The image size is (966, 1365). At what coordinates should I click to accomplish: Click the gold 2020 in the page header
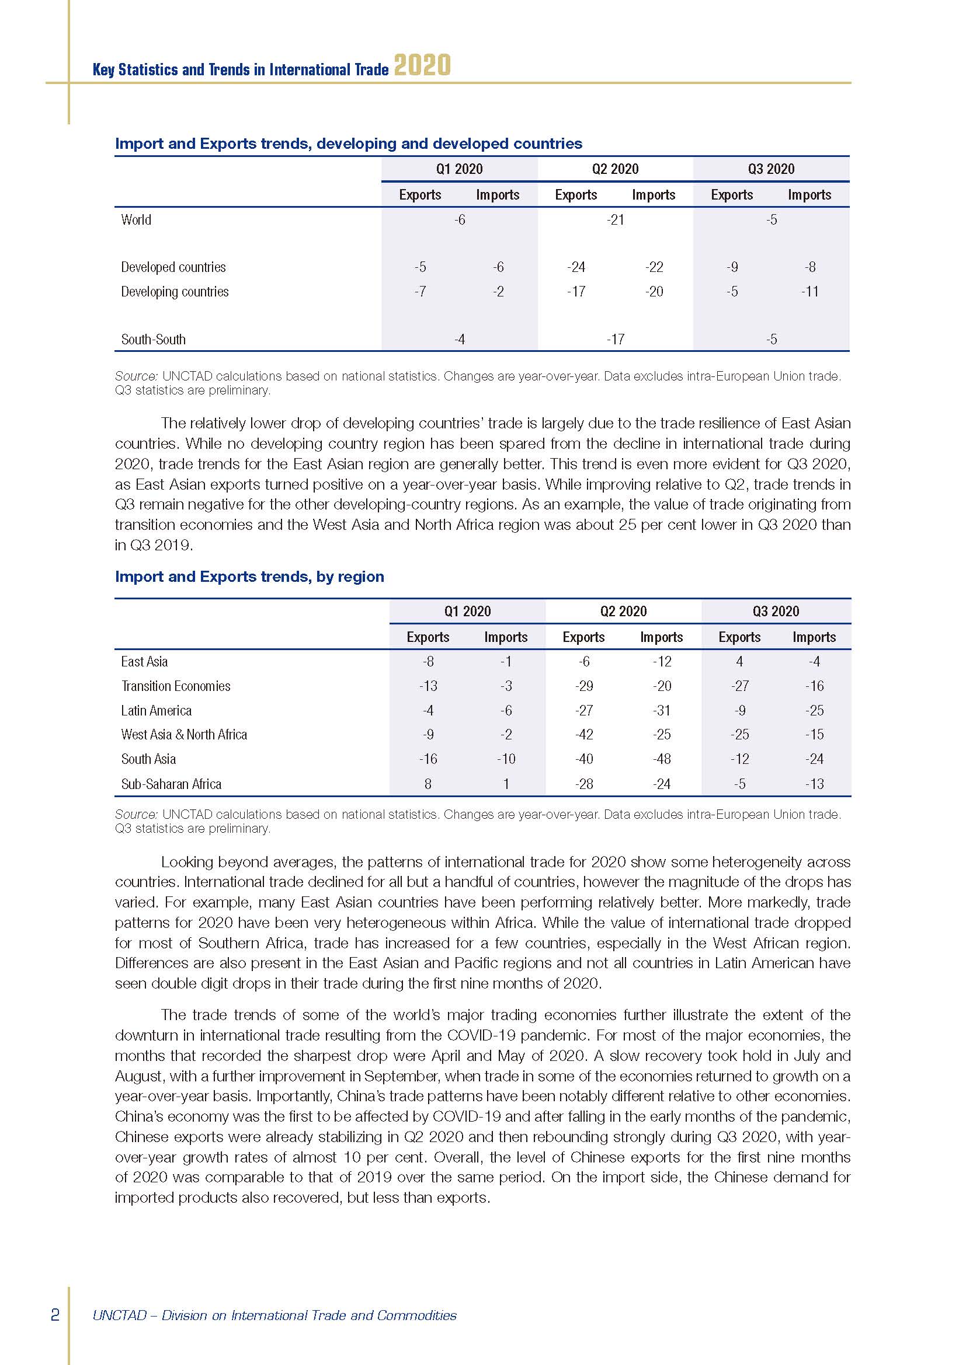[x=422, y=65]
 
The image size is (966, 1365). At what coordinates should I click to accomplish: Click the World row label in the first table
[x=136, y=220]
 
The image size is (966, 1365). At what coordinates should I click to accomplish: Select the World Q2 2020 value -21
[x=616, y=220]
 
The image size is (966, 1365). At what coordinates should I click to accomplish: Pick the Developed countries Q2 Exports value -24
[x=576, y=267]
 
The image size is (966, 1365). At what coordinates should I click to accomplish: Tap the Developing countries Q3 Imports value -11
[x=809, y=292]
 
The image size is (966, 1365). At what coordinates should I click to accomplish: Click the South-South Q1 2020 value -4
[x=459, y=340]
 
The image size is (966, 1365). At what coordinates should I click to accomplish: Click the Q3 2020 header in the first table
[x=771, y=169]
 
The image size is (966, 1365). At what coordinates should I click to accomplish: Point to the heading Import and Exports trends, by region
[x=249, y=577]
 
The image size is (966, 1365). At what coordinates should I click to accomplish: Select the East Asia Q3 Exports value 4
[x=739, y=662]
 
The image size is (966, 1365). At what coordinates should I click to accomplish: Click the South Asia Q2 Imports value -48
[x=662, y=759]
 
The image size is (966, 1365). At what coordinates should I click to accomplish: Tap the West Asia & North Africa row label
[x=184, y=735]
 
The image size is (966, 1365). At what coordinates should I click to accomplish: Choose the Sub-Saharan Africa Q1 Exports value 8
[x=428, y=784]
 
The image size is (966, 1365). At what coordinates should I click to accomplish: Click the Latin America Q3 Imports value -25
[x=814, y=710]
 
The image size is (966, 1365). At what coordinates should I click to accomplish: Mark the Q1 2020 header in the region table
[x=467, y=611]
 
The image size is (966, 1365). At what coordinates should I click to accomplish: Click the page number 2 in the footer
[x=55, y=1314]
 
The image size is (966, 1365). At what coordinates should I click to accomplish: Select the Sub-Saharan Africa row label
[x=171, y=784]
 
